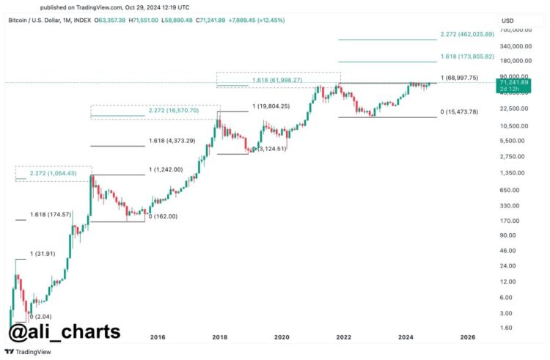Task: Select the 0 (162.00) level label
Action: pyautogui.click(x=163, y=216)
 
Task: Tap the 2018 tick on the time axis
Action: pyautogui.click(x=219, y=337)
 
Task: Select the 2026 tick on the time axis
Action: pyautogui.click(x=467, y=337)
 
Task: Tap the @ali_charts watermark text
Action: pyautogui.click(x=64, y=331)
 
